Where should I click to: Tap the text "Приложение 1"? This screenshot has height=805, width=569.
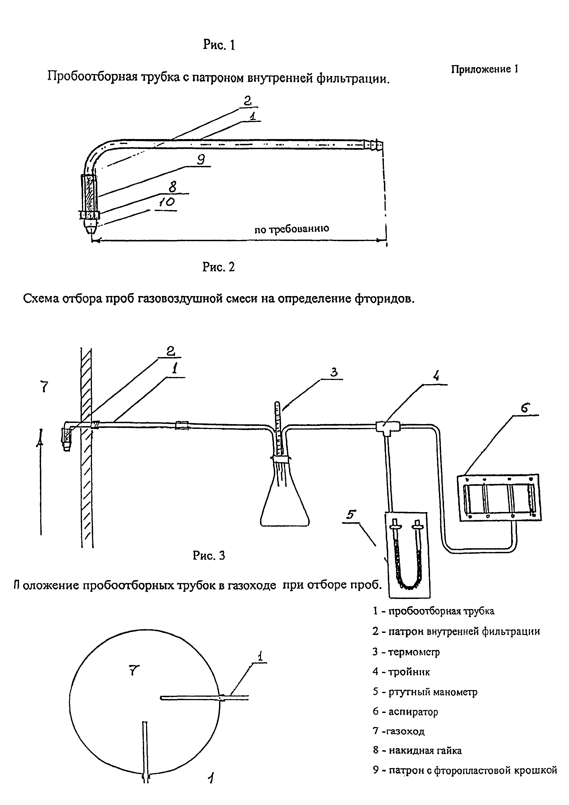[484, 69]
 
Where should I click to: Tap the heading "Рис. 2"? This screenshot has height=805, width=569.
[218, 267]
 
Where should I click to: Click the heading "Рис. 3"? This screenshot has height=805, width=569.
[209, 555]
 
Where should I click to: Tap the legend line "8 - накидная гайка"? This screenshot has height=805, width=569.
[417, 751]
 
